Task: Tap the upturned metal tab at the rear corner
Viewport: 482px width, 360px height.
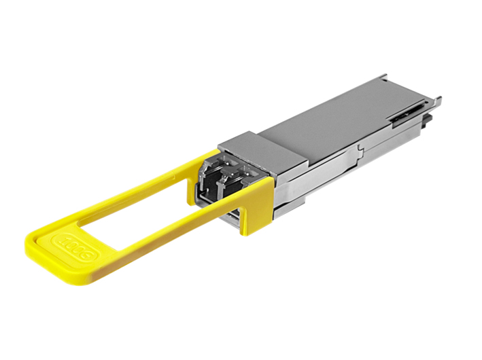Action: [x=436, y=103]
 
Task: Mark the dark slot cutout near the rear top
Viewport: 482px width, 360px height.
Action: [x=408, y=115]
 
